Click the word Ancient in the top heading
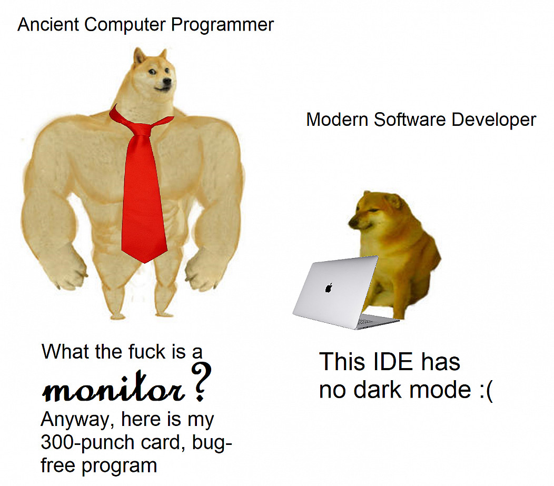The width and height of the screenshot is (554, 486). pyautogui.click(x=48, y=25)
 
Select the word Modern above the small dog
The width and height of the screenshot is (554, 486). pyautogui.click(x=338, y=120)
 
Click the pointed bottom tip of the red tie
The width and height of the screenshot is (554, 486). pyautogui.click(x=144, y=262)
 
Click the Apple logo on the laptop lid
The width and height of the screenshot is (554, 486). pyautogui.click(x=329, y=288)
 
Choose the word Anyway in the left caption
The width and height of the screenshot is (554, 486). pyautogui.click(x=78, y=420)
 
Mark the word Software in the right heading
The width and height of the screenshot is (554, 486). pyautogui.click(x=410, y=120)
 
